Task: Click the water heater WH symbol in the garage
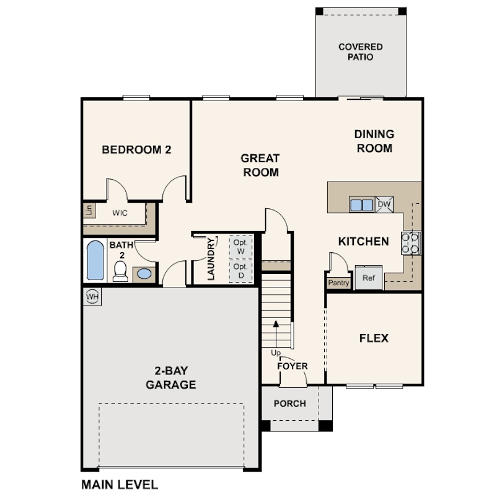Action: coord(92,297)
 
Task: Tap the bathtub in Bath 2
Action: coord(95,260)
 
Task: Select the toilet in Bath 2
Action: coord(120,271)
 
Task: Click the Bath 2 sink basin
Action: coord(144,274)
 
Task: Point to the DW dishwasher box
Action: coord(384,205)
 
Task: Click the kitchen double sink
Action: coord(362,205)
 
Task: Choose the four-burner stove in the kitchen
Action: coord(410,244)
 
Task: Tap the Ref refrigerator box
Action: coord(369,278)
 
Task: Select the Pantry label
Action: coord(338,283)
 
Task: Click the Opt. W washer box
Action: coord(240,247)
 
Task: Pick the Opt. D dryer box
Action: coord(240,271)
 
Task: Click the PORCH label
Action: coord(290,403)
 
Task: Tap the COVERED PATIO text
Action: coord(361,52)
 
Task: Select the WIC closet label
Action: coord(120,213)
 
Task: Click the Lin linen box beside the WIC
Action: coord(89,210)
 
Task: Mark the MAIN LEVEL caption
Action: coord(120,485)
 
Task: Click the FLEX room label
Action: coord(374,338)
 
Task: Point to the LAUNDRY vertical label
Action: coord(211,259)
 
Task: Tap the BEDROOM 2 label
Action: coord(137,149)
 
